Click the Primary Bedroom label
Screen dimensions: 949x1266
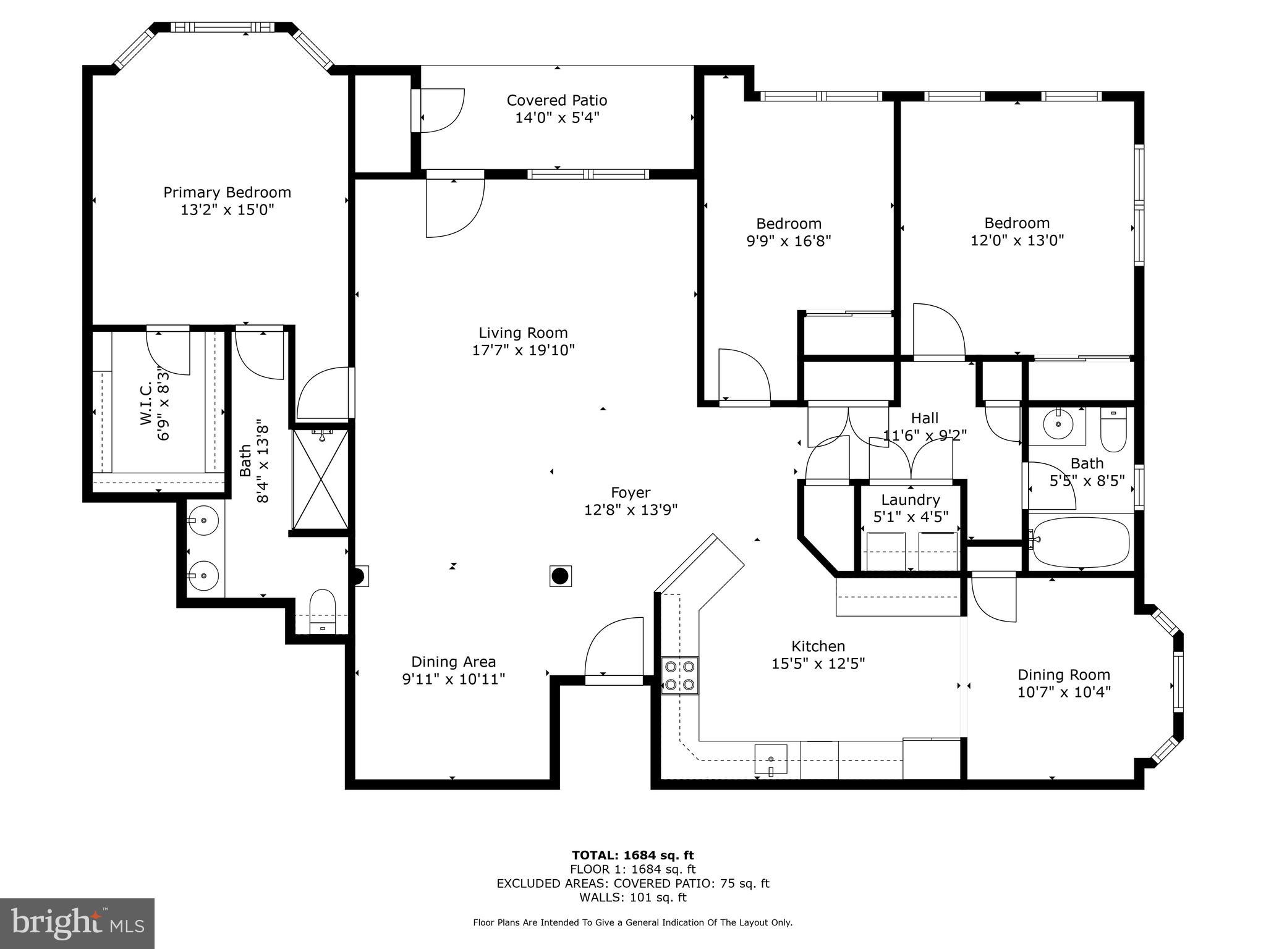[227, 192]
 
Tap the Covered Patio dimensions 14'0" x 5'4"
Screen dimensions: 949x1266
[557, 117]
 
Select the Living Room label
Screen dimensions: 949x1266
[523, 333]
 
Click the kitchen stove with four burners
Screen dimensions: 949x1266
[679, 675]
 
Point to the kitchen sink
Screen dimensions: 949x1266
[770, 759]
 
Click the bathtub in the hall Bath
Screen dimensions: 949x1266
[1081, 542]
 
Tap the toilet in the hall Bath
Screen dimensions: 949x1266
[1113, 430]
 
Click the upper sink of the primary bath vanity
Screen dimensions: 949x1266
[203, 521]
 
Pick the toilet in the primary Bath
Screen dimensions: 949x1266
[322, 610]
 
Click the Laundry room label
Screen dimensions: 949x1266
[911, 500]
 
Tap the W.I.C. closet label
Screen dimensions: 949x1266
[146, 403]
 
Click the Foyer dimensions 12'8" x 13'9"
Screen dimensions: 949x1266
[631, 510]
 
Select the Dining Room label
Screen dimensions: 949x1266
[1063, 675]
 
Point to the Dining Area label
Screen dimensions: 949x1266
[453, 662]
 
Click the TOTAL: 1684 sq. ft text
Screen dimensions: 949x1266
[632, 855]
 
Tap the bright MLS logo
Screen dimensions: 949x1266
[77, 924]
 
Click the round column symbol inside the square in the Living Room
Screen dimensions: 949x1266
[559, 576]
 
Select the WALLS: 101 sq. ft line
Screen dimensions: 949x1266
[632, 898]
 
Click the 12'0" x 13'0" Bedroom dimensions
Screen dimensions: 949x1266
[1017, 240]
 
